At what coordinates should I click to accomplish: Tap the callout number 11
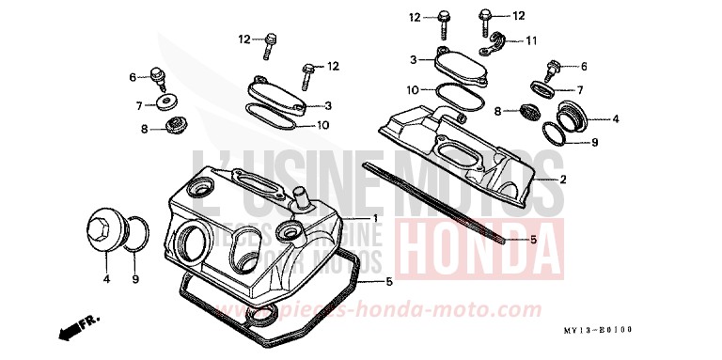point(531,40)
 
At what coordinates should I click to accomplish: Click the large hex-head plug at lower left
point(102,231)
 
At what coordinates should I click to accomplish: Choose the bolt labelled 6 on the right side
point(553,67)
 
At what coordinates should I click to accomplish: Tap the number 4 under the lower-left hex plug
point(106,279)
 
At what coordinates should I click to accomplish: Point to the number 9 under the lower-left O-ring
point(134,279)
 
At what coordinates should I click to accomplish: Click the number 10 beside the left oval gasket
point(322,125)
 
